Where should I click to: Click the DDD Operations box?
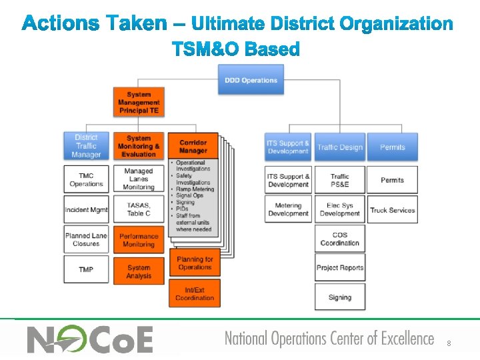[251, 80]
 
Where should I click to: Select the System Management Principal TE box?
[139, 102]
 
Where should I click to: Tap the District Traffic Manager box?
[86, 146]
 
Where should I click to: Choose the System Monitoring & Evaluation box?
[139, 146]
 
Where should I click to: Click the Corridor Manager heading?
[193, 146]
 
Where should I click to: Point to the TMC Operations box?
[86, 179]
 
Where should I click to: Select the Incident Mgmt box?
[86, 210]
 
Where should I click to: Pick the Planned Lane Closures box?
[86, 239]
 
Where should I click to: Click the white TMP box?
[86, 269]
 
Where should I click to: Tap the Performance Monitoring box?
[139, 240]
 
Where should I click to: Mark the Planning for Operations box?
[195, 263]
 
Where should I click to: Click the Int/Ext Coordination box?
[195, 294]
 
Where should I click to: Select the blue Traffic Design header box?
[339, 147]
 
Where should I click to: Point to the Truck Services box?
[393, 210]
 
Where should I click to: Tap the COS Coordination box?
[339, 239]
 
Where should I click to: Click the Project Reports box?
[339, 268]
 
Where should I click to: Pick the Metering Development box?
[288, 209]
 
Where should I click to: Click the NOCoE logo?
[90, 339]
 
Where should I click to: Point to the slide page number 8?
[449, 343]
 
